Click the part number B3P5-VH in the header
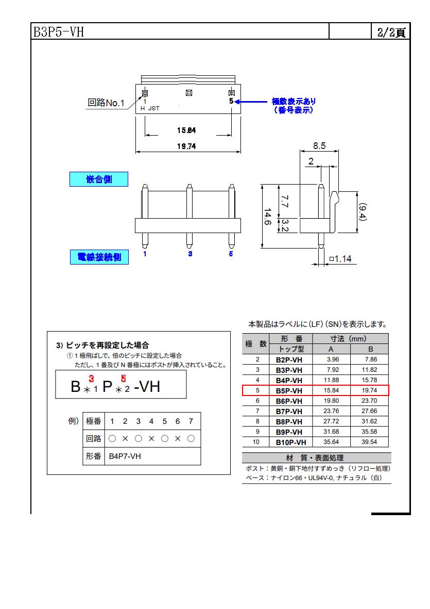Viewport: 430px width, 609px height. [59, 31]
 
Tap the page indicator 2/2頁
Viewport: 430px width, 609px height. [391, 32]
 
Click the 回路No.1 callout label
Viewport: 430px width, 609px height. [106, 103]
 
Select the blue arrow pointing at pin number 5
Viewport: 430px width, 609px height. [251, 102]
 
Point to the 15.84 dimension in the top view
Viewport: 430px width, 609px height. [186, 130]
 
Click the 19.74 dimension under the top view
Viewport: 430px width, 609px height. [186, 146]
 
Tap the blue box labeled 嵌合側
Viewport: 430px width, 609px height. [99, 179]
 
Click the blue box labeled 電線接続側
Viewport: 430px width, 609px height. [99, 257]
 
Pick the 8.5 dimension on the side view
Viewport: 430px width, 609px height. [319, 145]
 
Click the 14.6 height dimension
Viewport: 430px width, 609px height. [268, 217]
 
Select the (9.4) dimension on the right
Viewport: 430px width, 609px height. [362, 212]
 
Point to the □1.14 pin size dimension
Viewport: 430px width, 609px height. [340, 259]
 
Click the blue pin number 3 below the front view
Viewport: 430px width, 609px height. [190, 254]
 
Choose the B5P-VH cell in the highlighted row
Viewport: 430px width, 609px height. [289, 391]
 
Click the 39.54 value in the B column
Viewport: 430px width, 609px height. [369, 442]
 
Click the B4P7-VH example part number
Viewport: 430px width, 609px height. [125, 456]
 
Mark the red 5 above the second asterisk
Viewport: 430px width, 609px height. [123, 378]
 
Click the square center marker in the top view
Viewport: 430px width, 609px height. [189, 93]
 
